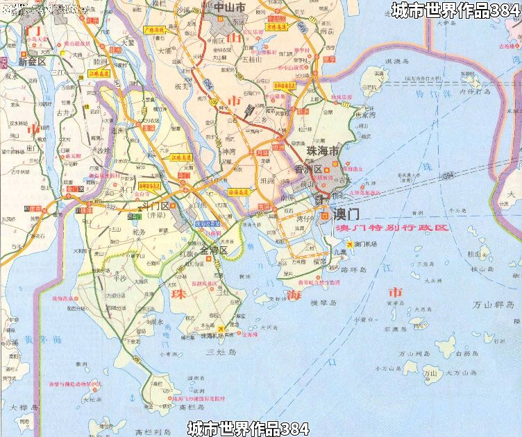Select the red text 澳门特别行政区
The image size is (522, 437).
pyautogui.click(x=391, y=228)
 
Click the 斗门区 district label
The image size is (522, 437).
pyautogui.click(x=154, y=206)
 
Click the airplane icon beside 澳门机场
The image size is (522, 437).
pyautogui.click(x=350, y=244)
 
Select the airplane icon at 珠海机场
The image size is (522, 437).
pyautogui.click(x=221, y=328)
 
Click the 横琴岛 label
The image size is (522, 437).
pyautogui.click(x=323, y=303)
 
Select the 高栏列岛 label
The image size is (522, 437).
pyautogui.click(x=149, y=431)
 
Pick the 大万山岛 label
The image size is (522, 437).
pyautogui.click(x=460, y=372)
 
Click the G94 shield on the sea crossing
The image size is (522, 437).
pyautogui.click(x=448, y=176)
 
